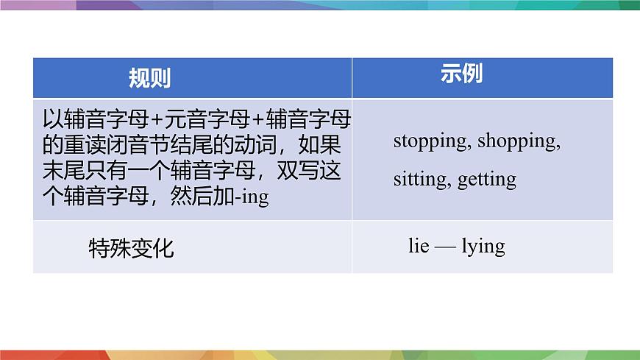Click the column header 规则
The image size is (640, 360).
149,78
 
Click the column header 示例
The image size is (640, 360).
462,74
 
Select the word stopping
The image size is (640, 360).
430,141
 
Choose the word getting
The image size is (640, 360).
487,179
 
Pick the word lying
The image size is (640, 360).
483,246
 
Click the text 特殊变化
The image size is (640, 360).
131,248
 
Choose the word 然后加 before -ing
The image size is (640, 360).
213,197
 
